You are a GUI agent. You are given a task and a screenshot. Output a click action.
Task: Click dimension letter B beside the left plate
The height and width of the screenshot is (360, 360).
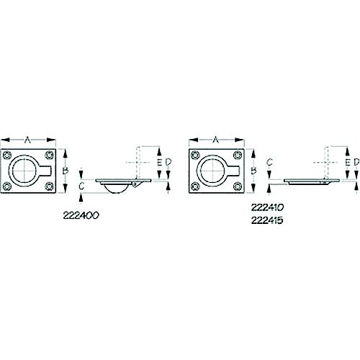pyautogui.click(x=64, y=171)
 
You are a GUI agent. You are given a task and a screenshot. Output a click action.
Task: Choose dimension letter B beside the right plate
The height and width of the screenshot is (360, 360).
pyautogui.click(x=253, y=171)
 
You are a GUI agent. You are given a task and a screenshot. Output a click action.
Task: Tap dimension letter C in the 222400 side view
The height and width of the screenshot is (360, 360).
pyautogui.click(x=82, y=186)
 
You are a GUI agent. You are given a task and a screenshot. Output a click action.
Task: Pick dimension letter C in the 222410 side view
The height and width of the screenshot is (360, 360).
pyautogui.click(x=268, y=163)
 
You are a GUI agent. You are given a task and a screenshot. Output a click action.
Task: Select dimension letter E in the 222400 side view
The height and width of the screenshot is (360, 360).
pyautogui.click(x=159, y=162)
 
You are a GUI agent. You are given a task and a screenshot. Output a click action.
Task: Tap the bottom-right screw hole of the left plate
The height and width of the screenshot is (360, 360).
pyautogui.click(x=49, y=187)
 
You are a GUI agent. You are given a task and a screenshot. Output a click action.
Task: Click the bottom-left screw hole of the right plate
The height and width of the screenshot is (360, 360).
pyautogui.click(x=195, y=187)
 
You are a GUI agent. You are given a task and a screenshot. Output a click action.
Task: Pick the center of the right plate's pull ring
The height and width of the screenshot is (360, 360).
pyautogui.click(x=215, y=171)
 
